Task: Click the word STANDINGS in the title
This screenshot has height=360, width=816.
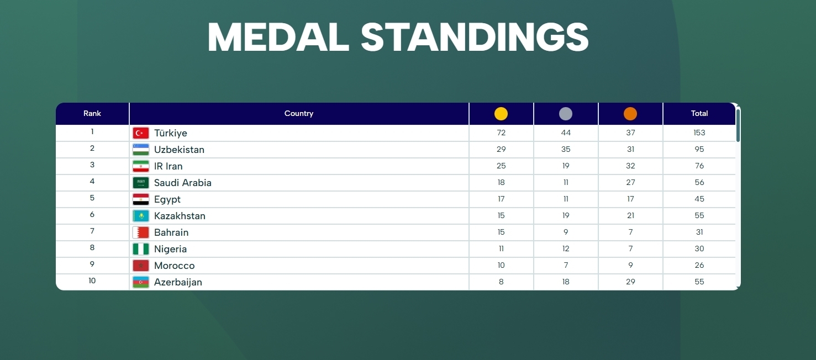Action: point(475,38)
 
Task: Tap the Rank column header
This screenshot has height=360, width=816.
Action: point(92,113)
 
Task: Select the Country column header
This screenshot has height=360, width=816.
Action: point(299,113)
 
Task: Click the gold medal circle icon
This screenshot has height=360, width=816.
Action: point(501,114)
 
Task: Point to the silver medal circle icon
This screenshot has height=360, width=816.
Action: point(566,114)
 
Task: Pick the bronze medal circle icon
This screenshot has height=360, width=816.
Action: point(630,114)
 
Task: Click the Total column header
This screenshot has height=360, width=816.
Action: point(699,113)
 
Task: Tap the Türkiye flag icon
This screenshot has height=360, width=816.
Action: point(141,133)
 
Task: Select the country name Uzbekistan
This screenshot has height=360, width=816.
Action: point(179,150)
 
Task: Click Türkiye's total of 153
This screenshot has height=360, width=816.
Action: point(699,133)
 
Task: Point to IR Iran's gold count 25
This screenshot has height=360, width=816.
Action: point(501,166)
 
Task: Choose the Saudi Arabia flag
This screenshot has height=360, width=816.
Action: point(141,183)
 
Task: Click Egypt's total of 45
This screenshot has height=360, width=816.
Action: point(699,199)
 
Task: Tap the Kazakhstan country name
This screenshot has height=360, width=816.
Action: point(180,216)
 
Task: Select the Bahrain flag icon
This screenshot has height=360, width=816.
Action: point(141,232)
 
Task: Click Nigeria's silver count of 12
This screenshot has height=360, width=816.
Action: point(566,248)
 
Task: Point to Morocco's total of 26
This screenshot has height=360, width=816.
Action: point(699,265)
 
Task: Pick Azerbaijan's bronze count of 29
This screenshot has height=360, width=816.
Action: point(630,282)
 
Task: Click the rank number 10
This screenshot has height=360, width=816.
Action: point(92,280)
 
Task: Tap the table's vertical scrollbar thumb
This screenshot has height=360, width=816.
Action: point(738,125)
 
